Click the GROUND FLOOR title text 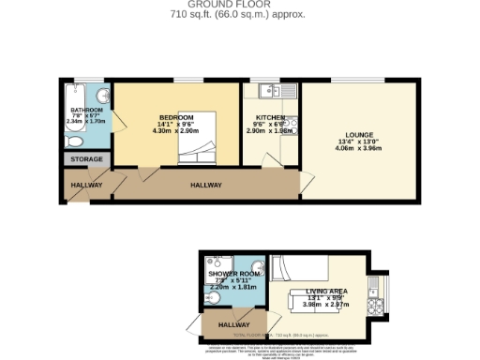pyautogui.click(x=239, y=5)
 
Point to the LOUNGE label pyautogui.click(x=359, y=134)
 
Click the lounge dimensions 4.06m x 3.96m pyautogui.click(x=359, y=147)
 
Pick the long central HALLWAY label pyautogui.click(x=205, y=185)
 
